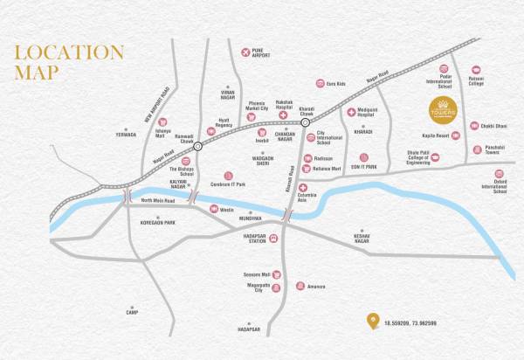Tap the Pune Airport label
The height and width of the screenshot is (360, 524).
[x=259, y=53]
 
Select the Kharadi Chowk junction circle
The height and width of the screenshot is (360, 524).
[x=305, y=123]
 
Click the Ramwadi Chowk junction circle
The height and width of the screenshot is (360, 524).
[x=199, y=147]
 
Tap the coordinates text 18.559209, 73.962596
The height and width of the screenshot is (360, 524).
[x=410, y=323]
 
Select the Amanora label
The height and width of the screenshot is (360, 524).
[x=316, y=286]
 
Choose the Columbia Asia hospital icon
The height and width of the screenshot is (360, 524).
[x=303, y=188]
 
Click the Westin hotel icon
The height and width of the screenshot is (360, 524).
[x=214, y=208]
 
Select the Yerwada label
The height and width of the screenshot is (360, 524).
[x=127, y=135]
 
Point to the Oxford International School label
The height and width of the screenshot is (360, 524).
[x=500, y=186]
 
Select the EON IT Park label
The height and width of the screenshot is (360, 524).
[x=363, y=166]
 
